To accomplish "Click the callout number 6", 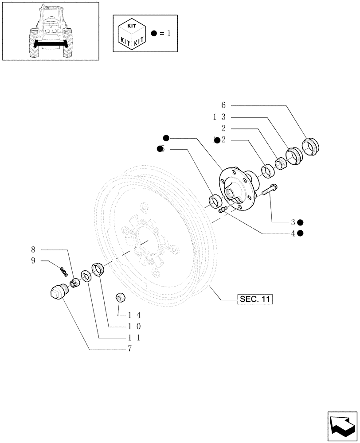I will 223,105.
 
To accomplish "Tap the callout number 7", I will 129,349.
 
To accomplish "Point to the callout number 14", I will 134,315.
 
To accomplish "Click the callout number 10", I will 134,326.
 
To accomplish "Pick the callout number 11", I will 134,338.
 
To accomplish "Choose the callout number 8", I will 33,249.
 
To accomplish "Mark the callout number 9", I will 33,260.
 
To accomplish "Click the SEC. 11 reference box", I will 254,299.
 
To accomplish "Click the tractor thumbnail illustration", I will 50,31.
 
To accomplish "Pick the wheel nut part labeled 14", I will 120,298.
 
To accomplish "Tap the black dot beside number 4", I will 301,233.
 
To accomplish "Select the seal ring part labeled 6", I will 310,146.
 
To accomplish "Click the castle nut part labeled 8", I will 74,281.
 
